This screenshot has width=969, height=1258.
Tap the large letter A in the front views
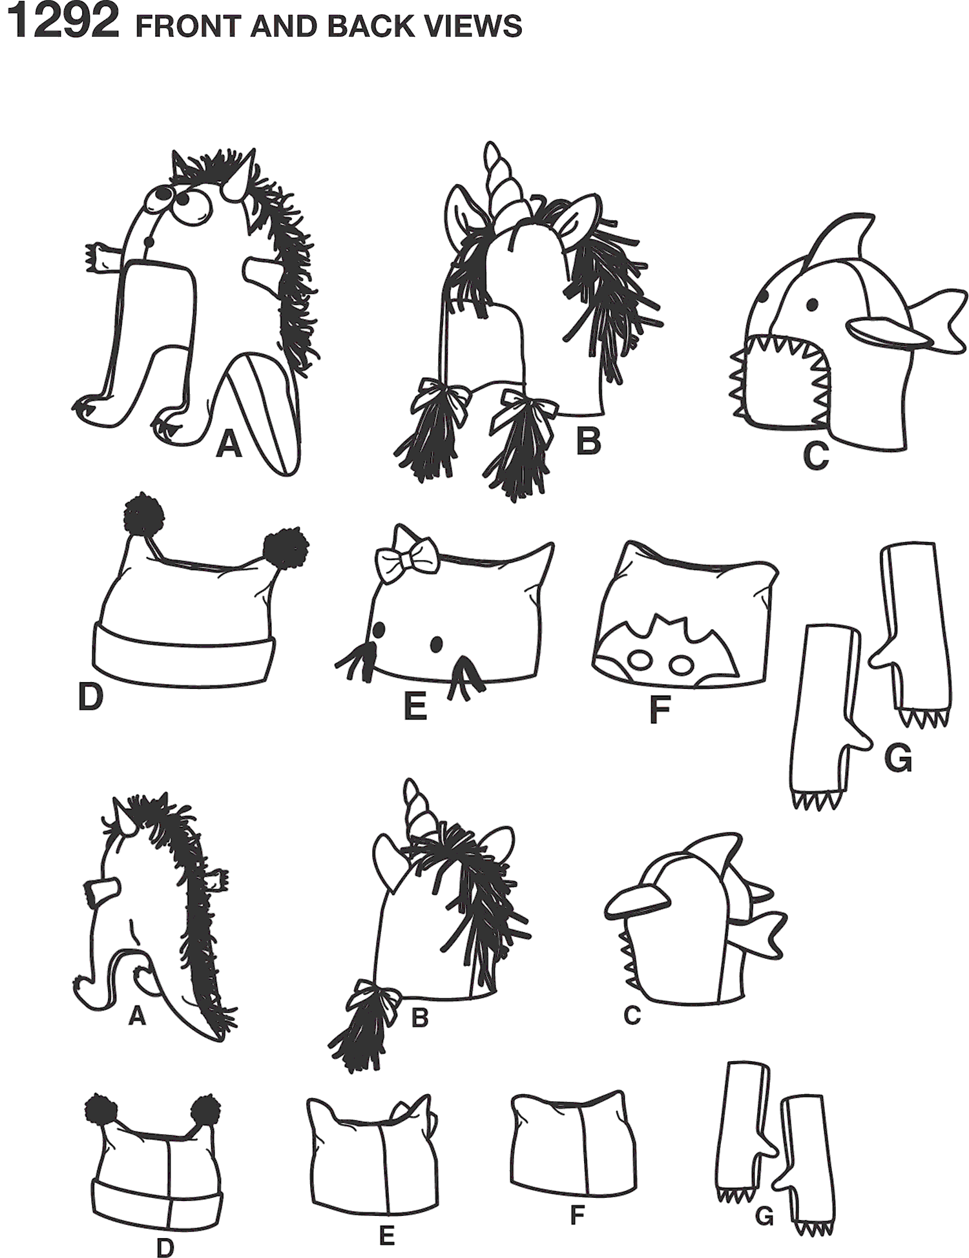(229, 445)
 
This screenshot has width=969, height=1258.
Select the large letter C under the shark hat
(815, 455)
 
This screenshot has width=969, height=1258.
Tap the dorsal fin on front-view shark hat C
(840, 238)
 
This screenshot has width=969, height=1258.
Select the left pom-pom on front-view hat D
(143, 515)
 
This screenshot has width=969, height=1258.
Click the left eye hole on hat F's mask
(640, 661)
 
